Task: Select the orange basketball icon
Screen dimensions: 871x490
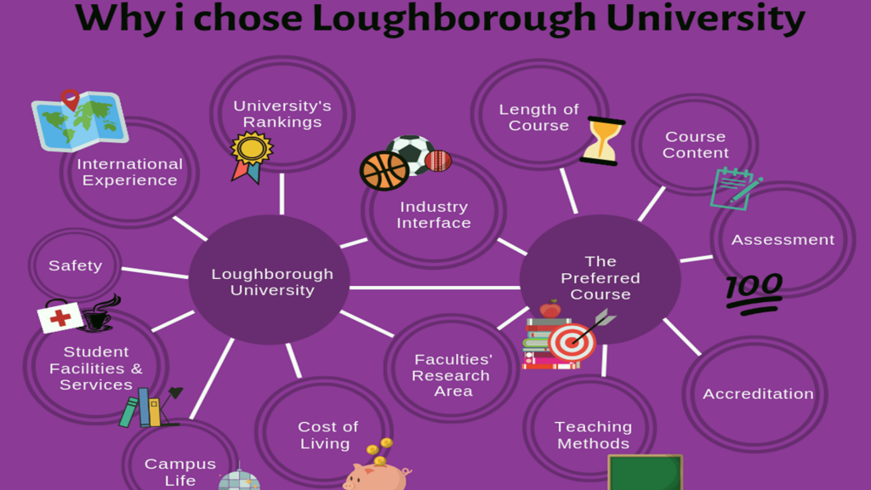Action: (x=384, y=170)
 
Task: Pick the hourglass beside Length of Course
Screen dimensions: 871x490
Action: (x=602, y=141)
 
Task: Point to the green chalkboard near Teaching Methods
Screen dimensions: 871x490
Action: (x=645, y=472)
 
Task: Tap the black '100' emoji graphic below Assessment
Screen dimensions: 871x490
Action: (x=754, y=293)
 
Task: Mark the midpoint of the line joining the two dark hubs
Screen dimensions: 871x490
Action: (x=435, y=288)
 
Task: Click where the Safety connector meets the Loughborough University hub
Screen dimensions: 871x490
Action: (x=188, y=276)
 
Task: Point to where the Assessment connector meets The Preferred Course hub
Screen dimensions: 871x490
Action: (x=680, y=260)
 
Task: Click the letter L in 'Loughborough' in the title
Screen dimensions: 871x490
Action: (x=323, y=18)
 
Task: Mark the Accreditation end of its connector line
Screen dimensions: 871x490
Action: (x=700, y=354)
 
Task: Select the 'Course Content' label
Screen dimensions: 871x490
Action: (x=696, y=145)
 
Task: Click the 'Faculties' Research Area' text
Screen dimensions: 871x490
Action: (x=453, y=375)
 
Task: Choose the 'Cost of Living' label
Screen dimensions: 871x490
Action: (x=327, y=435)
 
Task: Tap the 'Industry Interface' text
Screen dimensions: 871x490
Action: (x=434, y=214)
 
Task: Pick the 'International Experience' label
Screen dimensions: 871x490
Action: (x=129, y=172)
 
